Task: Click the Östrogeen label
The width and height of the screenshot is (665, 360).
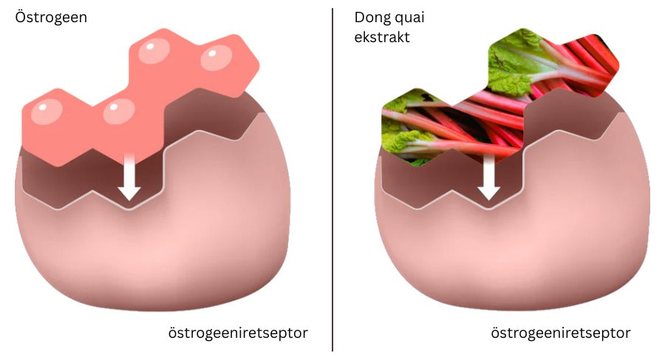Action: coord(51,18)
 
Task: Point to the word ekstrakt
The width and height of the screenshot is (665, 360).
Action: coord(382,38)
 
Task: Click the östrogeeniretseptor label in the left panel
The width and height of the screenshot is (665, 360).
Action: coord(238,333)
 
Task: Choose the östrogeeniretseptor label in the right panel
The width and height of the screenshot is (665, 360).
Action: coord(561,333)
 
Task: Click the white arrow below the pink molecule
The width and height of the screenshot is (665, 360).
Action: coord(129,176)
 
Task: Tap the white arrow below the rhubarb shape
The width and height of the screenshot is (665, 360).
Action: coord(489,176)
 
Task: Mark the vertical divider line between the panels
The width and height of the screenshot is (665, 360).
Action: coord(332,180)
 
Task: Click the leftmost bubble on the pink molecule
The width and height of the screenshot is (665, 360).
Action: coord(47,112)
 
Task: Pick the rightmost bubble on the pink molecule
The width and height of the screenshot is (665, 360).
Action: coord(216,58)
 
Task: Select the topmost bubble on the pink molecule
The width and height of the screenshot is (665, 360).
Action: coord(154,51)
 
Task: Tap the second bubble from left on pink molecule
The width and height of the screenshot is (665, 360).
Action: coord(119,111)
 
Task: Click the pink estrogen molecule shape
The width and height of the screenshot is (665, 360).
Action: coord(140,98)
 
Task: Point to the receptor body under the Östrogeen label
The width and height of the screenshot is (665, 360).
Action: coord(153,221)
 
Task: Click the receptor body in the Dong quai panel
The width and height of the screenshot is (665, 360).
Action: coord(512,221)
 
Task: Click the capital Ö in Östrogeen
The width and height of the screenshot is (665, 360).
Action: coord(21,17)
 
